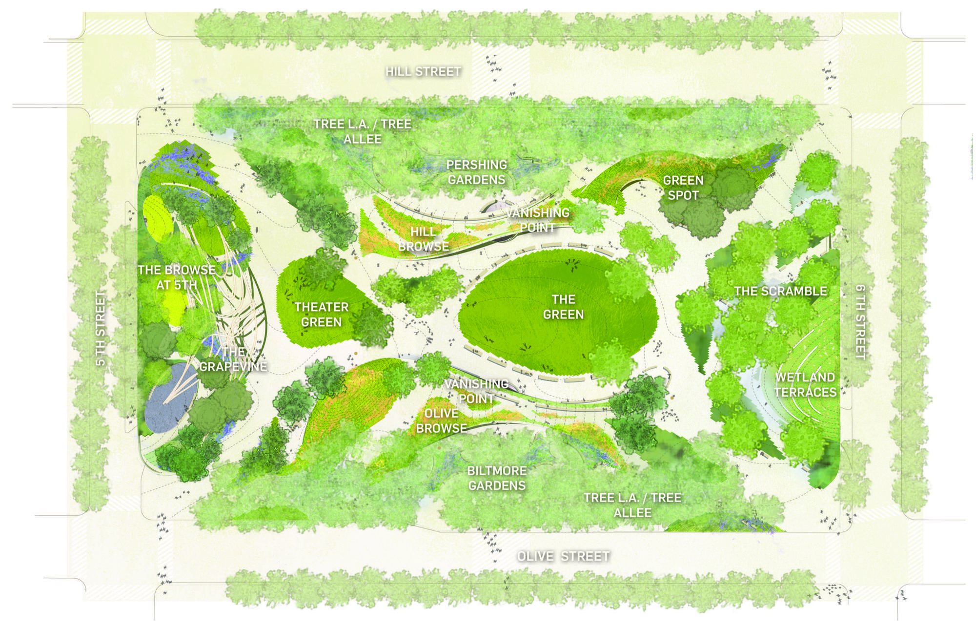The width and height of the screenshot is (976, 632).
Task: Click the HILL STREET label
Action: click(x=423, y=72)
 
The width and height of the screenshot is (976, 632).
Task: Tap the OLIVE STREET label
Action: click(x=564, y=556)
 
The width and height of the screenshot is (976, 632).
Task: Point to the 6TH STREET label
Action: click(x=860, y=322)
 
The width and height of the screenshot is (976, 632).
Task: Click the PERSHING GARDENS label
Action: click(x=477, y=172)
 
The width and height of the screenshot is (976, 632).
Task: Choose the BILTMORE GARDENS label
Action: click(x=497, y=478)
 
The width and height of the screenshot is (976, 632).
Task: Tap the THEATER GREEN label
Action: click(x=321, y=315)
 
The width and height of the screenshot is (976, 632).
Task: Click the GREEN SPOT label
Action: click(x=683, y=188)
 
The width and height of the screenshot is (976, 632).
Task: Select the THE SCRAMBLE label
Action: click(x=780, y=292)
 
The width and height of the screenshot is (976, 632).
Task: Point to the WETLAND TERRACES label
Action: click(x=805, y=385)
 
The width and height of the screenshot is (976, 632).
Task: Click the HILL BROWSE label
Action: click(x=423, y=239)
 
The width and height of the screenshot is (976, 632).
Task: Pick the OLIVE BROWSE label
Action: click(x=441, y=421)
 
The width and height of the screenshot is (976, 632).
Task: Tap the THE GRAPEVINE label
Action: click(x=233, y=359)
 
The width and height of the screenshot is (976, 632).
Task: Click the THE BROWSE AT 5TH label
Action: click(x=177, y=277)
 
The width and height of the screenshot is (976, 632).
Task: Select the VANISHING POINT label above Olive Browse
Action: click(x=476, y=391)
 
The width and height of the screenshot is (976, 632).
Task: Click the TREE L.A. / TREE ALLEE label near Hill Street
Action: click(x=362, y=131)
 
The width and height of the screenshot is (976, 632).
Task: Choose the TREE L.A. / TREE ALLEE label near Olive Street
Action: click(x=632, y=505)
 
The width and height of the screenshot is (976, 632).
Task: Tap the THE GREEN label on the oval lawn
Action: click(x=563, y=307)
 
